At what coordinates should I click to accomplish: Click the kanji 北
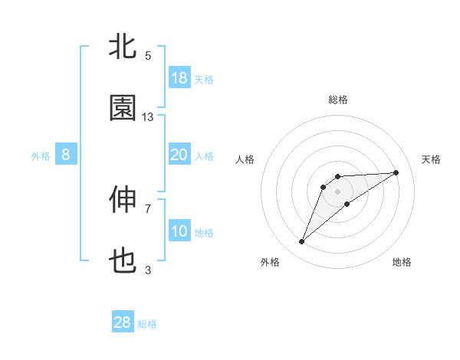(x=123, y=47)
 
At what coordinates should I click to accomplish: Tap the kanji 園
(x=123, y=109)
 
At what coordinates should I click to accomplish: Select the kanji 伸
(x=123, y=200)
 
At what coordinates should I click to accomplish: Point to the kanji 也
(x=123, y=262)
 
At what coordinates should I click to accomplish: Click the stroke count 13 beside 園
(x=148, y=116)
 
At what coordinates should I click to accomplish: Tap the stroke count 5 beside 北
(x=148, y=55)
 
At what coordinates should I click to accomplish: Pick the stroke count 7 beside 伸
(x=148, y=208)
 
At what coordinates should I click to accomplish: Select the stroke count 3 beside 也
(x=148, y=270)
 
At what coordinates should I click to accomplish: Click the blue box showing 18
(x=179, y=78)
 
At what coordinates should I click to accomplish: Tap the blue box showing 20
(x=179, y=155)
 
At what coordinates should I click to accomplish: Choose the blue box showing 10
(x=179, y=231)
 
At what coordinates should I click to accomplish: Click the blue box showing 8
(x=66, y=155)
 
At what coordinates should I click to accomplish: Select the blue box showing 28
(x=123, y=322)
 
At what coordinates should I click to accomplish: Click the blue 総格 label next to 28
(x=148, y=324)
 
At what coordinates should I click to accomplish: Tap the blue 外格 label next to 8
(x=41, y=156)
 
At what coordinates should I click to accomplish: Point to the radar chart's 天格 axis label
(x=432, y=159)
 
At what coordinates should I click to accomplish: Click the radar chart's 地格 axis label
(x=402, y=262)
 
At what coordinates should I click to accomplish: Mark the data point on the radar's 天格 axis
(x=396, y=172)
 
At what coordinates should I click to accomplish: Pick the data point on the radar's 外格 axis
(x=302, y=242)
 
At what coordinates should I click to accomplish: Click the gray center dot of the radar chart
(x=338, y=191)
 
